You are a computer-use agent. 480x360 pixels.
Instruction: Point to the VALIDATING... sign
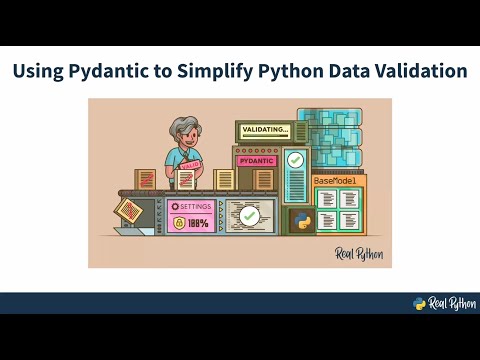tap(263, 129)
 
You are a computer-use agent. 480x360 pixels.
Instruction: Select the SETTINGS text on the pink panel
tap(194, 206)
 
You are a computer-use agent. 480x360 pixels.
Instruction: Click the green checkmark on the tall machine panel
tap(295, 159)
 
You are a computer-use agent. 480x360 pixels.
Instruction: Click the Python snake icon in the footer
tap(420, 304)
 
